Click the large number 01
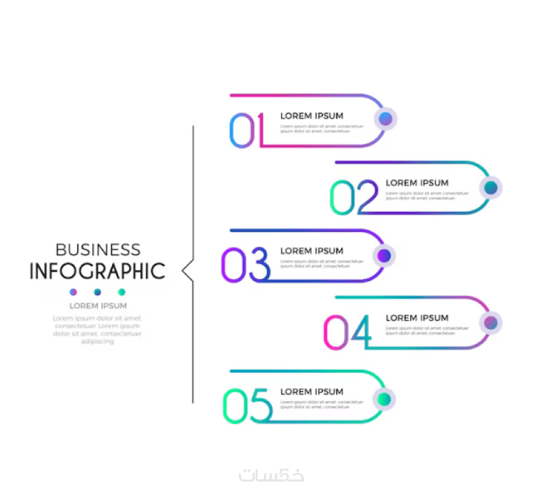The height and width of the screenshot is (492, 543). coord(246,130)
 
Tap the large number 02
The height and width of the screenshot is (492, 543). coord(354,197)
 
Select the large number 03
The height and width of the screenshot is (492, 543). coord(245,265)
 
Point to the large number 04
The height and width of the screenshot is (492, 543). coord(348,332)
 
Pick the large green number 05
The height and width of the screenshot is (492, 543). coord(247,405)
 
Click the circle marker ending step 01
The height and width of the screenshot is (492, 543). coord(386,119)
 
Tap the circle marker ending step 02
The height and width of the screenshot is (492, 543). coord(491,188)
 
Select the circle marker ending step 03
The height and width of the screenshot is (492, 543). coord(384,256)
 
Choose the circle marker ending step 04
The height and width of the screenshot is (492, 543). coord(491,323)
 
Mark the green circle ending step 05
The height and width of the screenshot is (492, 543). coord(384,398)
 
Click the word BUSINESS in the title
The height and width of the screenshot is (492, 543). coord(98,250)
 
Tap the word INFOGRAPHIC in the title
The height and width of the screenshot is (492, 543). coord(97,271)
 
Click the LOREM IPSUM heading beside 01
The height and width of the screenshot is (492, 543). coord(312,116)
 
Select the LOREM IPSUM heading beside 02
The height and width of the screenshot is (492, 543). coord(417,183)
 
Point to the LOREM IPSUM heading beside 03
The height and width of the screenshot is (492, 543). coord(312,251)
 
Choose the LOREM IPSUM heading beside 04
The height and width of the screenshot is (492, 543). coord(417,318)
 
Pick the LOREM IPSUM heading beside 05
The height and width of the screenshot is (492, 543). coord(312,392)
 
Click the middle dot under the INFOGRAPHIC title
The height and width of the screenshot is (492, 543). coord(97,292)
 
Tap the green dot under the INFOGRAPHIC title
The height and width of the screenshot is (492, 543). coord(121,292)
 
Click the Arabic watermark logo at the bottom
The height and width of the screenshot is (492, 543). coord(271,474)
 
